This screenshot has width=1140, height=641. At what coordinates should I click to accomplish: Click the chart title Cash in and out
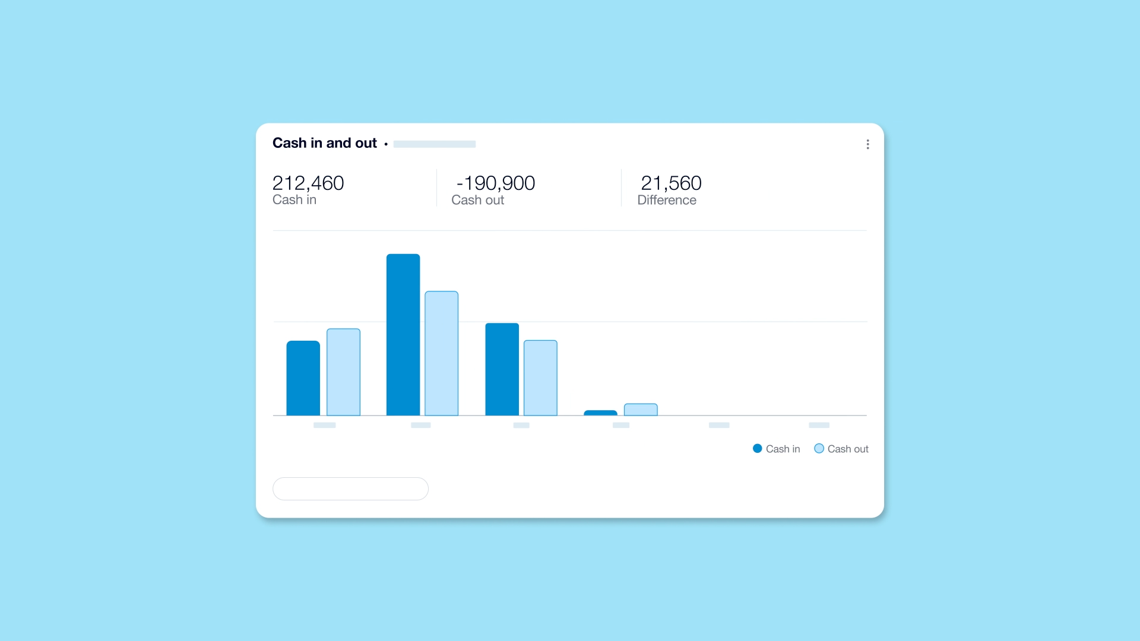(324, 143)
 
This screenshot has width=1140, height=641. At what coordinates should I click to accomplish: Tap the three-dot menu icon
(867, 144)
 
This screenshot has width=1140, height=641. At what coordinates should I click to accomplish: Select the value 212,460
(308, 183)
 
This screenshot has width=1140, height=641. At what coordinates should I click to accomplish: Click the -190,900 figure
(496, 183)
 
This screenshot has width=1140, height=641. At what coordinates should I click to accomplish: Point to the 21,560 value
(671, 183)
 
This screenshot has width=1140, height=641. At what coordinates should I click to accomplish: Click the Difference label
(666, 201)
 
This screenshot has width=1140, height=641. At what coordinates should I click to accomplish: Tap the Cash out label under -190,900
(477, 201)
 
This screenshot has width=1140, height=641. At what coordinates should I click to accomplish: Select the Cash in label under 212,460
(294, 200)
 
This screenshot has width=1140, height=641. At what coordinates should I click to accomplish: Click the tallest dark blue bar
(403, 335)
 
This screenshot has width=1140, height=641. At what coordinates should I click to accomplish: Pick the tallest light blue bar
(441, 353)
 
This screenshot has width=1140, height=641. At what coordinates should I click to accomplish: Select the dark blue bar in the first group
(303, 378)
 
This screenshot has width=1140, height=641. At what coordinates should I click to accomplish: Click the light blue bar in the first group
(343, 372)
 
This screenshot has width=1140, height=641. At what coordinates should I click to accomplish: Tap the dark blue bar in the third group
(502, 369)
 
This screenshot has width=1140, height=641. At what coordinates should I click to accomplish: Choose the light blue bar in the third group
(540, 377)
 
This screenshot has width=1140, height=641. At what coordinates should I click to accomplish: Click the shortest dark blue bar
(600, 412)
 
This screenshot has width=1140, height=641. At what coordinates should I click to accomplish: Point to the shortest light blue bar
(641, 410)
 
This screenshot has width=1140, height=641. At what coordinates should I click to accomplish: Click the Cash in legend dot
(757, 449)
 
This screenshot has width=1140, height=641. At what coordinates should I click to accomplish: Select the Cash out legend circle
(819, 449)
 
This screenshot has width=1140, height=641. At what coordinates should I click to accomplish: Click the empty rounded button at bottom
(350, 488)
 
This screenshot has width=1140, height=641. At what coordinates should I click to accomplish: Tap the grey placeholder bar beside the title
(434, 144)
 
